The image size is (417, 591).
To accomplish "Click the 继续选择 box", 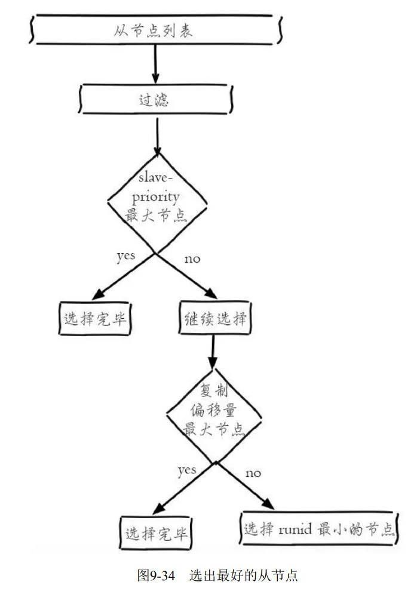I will [214, 320].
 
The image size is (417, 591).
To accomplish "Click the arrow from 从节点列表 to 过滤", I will [155, 64].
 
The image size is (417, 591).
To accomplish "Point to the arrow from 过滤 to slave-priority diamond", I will [157, 135].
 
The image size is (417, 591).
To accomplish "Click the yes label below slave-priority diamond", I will [125, 256].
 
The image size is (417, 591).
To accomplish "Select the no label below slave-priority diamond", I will [191, 258].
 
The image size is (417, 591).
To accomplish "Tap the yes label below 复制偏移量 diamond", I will [187, 470].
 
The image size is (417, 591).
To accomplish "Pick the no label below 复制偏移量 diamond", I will [253, 473].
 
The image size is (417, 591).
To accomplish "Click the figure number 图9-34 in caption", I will [156, 576].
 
